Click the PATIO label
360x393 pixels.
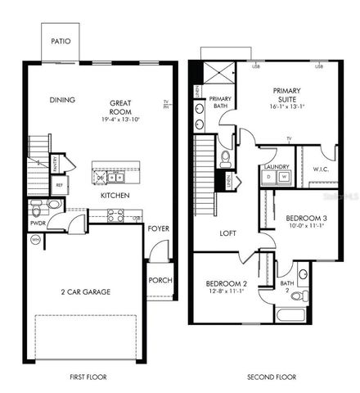(x=60, y=41)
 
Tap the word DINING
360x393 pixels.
(x=62, y=100)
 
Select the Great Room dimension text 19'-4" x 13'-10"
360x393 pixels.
(x=121, y=120)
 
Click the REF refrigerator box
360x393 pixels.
(x=59, y=186)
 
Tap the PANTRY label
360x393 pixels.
(x=55, y=165)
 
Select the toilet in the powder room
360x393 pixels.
(x=54, y=205)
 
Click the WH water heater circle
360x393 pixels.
(x=34, y=240)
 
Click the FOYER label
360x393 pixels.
(x=158, y=228)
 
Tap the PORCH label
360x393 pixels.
(x=159, y=279)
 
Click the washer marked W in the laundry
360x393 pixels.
(x=283, y=176)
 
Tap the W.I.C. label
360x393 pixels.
(x=321, y=170)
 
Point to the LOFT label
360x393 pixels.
(x=228, y=233)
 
